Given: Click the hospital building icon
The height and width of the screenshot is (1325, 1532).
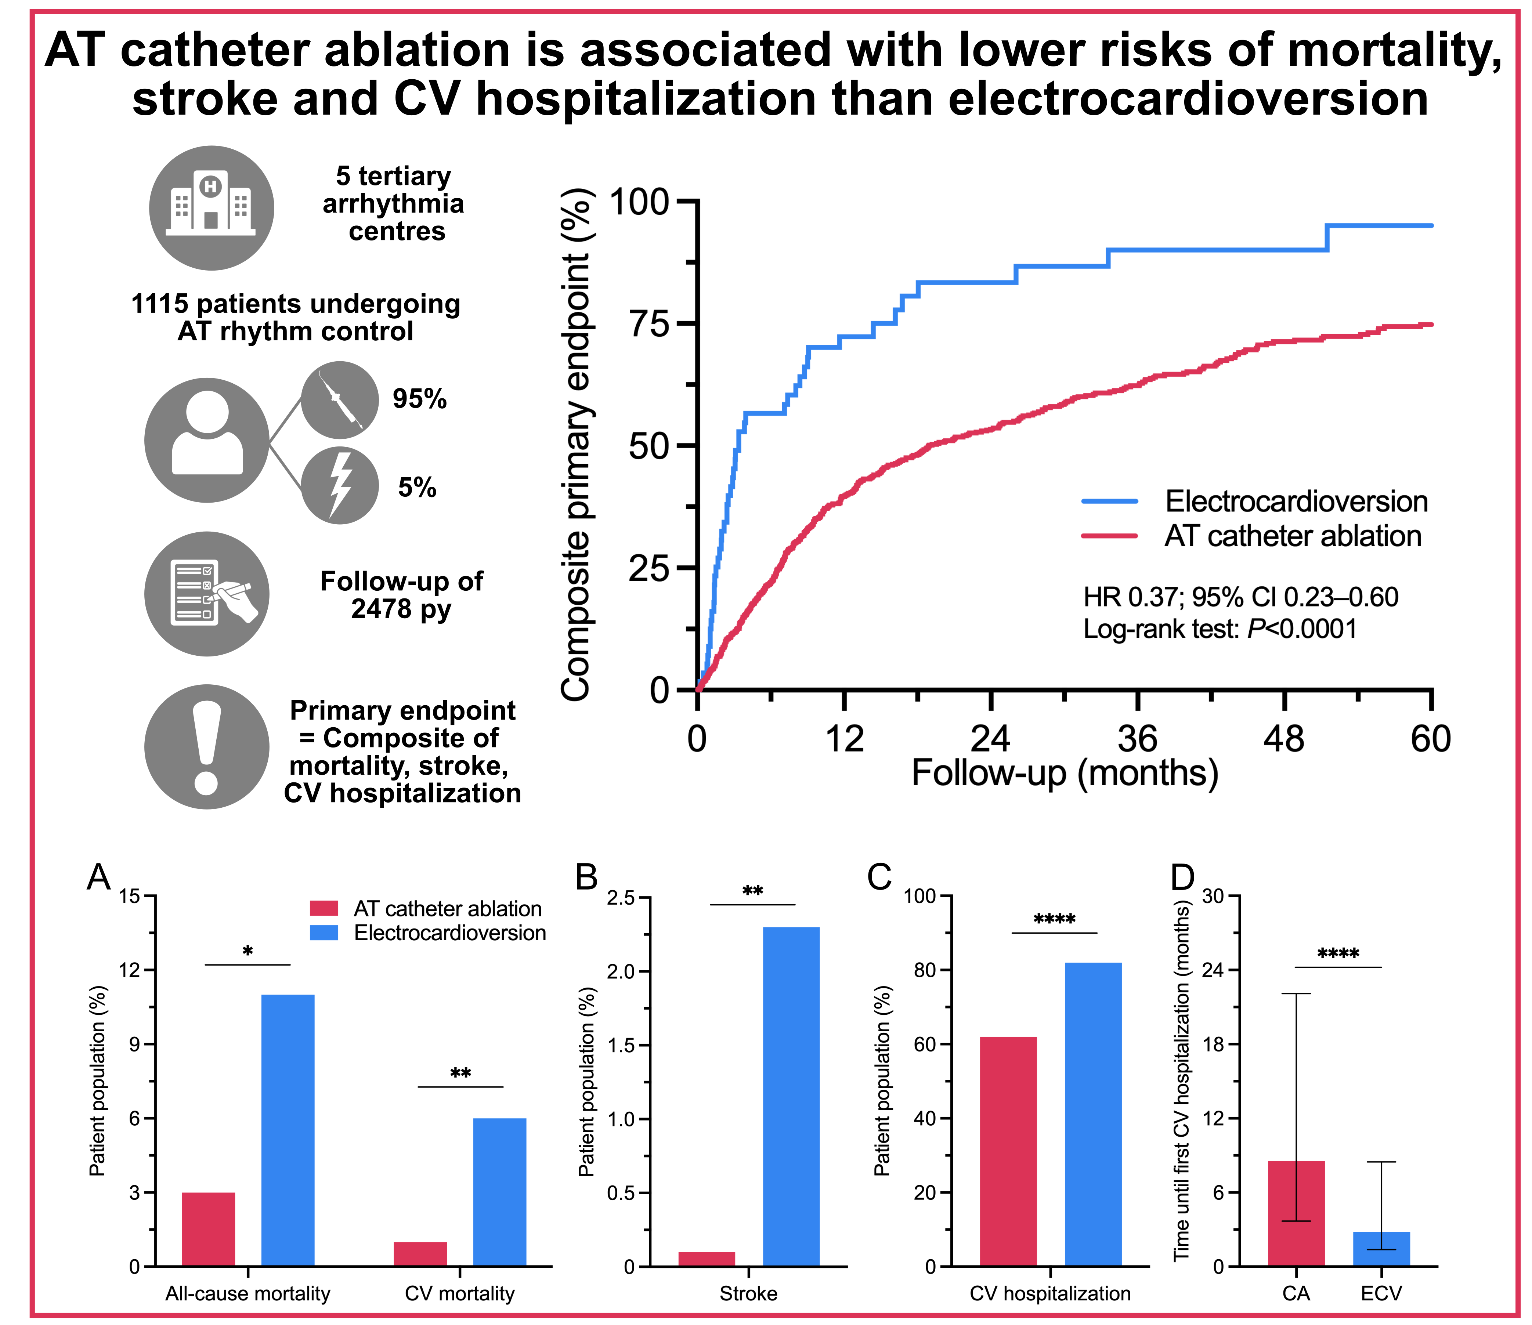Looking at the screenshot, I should point(212,208).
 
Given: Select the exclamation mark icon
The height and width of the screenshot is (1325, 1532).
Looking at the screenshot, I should point(207,747).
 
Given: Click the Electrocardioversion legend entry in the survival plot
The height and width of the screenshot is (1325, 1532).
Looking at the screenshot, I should point(1296,501).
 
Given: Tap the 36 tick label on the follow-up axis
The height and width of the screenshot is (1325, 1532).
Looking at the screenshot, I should point(1137,739).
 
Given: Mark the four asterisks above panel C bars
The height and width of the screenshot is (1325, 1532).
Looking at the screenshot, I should point(1054,920).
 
